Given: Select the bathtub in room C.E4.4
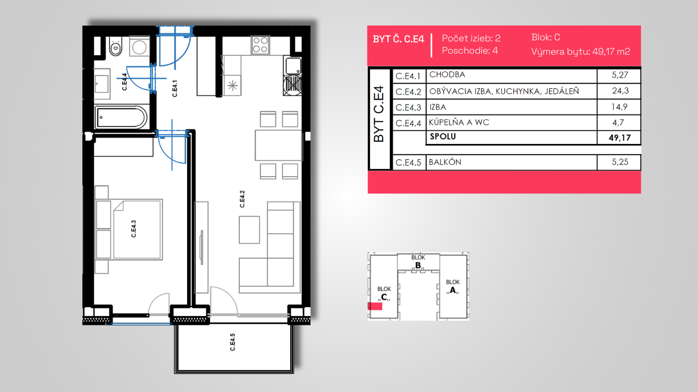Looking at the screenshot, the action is pyautogui.click(x=121, y=117).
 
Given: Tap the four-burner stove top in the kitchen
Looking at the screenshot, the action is pyautogui.click(x=260, y=45).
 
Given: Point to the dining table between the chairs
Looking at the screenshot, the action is pyautogui.click(x=278, y=145).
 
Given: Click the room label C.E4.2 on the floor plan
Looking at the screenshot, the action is pyautogui.click(x=242, y=199).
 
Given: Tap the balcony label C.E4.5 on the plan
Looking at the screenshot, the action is pyautogui.click(x=232, y=342).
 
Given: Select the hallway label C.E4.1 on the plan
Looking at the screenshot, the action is pyautogui.click(x=175, y=88).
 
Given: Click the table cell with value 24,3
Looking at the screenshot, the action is pyautogui.click(x=620, y=91).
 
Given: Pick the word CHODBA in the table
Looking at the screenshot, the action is pyautogui.click(x=447, y=75).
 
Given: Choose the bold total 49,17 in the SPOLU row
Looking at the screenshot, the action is pyautogui.click(x=619, y=138).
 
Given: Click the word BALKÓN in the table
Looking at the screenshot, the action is pyautogui.click(x=445, y=162).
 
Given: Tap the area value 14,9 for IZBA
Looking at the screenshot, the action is pyautogui.click(x=619, y=107).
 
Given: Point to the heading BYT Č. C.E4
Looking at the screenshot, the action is pyautogui.click(x=399, y=39).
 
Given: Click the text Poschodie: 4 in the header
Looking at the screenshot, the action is pyautogui.click(x=470, y=51).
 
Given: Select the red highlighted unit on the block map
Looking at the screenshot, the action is pyautogui.click(x=375, y=306).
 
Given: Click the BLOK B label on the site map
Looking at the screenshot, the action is pyautogui.click(x=418, y=262).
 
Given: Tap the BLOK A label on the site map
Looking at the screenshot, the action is pyautogui.click(x=453, y=286).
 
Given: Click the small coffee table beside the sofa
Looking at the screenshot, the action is pyautogui.click(x=249, y=230).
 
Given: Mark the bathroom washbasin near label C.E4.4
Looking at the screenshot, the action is pyautogui.click(x=102, y=83).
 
